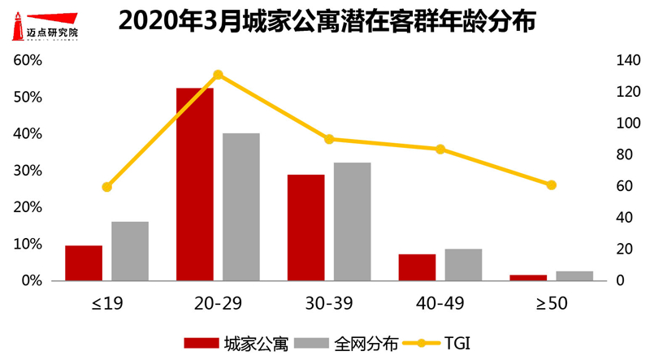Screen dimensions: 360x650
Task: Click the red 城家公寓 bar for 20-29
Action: (x=195, y=184)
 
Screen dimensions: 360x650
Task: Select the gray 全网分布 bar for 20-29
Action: (x=241, y=206)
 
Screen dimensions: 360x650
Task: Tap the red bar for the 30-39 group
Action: (x=305, y=228)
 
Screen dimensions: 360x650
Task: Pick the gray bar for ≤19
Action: (x=130, y=250)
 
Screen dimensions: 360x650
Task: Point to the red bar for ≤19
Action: (x=84, y=262)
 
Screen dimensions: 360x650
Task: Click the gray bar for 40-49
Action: (x=463, y=264)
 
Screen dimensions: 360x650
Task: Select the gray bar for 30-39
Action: (x=352, y=221)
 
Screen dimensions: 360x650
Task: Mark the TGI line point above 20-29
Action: (x=218, y=75)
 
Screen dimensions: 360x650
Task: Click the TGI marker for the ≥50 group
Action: (x=552, y=185)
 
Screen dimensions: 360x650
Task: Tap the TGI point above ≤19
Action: (x=106, y=187)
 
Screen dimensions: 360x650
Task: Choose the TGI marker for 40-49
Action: (x=440, y=149)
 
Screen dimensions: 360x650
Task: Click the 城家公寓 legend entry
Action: (x=236, y=343)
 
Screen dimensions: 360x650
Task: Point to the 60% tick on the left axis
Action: (x=27, y=60)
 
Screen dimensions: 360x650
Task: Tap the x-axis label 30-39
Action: (x=329, y=304)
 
